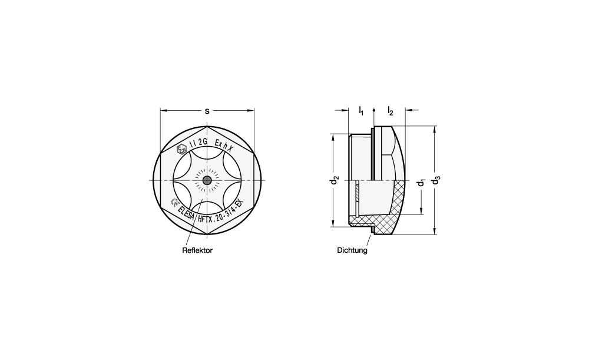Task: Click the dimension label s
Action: (x=207, y=111)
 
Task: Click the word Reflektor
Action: (x=197, y=250)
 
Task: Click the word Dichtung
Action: (x=352, y=250)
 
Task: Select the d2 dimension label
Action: (x=334, y=180)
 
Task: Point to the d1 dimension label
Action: (x=422, y=183)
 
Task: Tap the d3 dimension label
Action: (x=436, y=180)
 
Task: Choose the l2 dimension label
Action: (x=391, y=111)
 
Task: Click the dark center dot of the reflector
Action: (x=207, y=181)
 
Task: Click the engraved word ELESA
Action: (x=186, y=213)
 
